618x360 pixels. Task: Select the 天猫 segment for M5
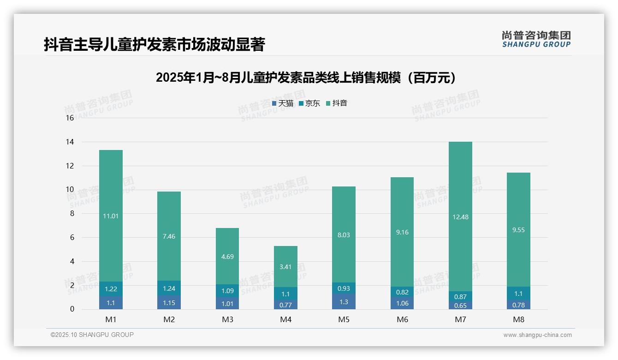click(x=344, y=301)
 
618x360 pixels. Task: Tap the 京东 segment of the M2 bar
click(x=169, y=288)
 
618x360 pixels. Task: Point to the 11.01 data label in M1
click(x=111, y=216)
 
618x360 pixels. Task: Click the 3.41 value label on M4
click(x=285, y=266)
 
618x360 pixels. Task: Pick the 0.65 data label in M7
click(x=460, y=305)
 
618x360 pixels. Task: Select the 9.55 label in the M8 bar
click(x=518, y=229)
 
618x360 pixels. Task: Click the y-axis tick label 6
click(x=71, y=237)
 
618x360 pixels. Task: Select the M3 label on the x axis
click(x=227, y=319)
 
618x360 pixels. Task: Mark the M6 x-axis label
click(x=402, y=319)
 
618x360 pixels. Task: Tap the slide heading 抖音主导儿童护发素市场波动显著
click(x=154, y=44)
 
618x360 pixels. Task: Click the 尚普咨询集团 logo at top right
click(x=536, y=39)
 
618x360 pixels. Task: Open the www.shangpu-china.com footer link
click(x=537, y=335)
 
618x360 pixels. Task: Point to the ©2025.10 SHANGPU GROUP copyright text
click(x=92, y=335)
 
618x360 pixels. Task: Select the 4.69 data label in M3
click(x=227, y=257)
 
